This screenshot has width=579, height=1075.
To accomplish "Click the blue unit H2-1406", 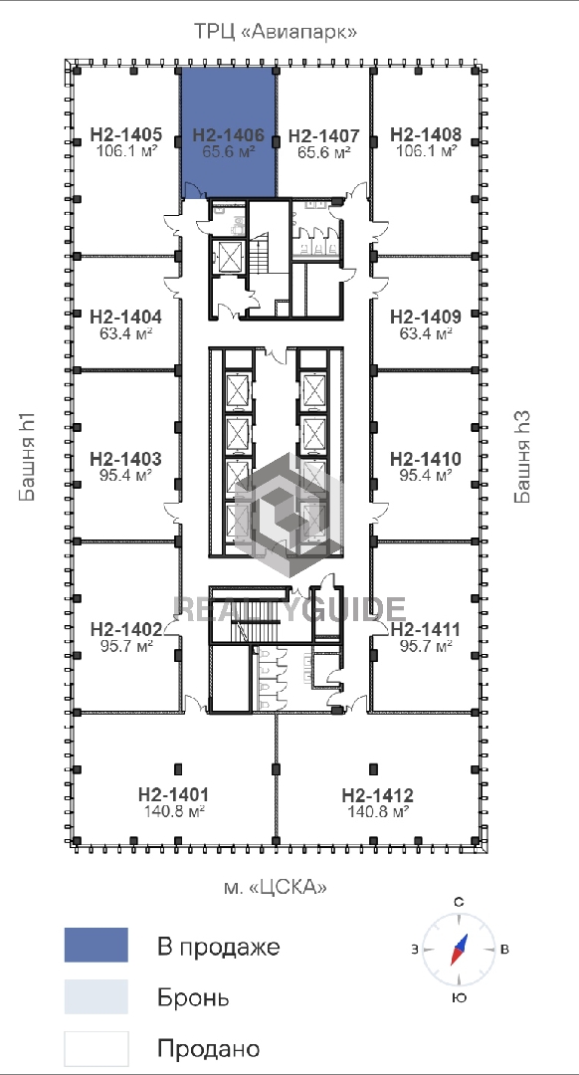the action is click(229, 133).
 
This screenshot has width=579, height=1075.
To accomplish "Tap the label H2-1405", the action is click(126, 135).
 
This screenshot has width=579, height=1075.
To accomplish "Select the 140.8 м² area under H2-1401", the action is click(173, 811).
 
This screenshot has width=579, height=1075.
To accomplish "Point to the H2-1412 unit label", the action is click(378, 796).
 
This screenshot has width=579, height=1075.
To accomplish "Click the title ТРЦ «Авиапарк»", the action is click(277, 32).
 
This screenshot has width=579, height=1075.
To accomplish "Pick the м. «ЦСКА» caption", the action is click(276, 887).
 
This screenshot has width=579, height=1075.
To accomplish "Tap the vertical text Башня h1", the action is click(29, 457).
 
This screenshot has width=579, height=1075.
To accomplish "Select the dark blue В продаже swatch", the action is click(96, 945).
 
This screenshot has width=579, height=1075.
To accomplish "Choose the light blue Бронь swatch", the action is click(96, 996).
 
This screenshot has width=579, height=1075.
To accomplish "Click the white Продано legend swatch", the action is click(96, 1049).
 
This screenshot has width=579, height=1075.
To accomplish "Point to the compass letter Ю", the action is click(460, 997).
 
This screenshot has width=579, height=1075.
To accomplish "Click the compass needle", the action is click(459, 950).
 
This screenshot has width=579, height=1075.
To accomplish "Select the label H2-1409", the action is click(426, 318).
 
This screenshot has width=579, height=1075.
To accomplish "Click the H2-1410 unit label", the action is click(426, 459).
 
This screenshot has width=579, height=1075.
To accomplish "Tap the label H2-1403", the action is click(126, 459).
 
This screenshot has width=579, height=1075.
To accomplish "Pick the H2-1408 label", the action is click(426, 135).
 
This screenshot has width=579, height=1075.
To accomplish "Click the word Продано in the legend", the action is click(209, 1049).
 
